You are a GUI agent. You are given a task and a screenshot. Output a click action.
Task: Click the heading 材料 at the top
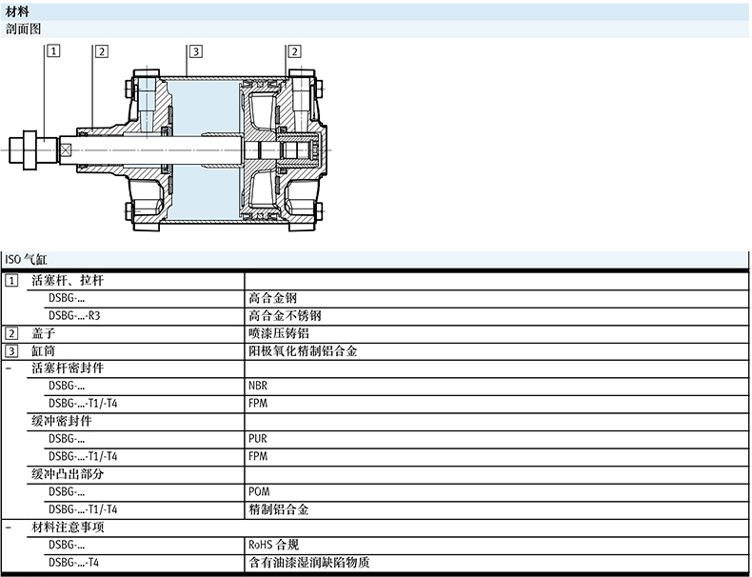point(17,11)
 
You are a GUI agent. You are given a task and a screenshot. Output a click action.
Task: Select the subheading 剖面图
point(24,29)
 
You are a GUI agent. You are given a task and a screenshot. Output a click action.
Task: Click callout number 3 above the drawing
point(194,51)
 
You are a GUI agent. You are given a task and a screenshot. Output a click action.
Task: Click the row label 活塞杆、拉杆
point(67,281)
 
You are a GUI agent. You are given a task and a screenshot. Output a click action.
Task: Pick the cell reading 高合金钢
point(271,298)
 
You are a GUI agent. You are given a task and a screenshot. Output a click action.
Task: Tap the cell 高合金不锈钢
point(284,315)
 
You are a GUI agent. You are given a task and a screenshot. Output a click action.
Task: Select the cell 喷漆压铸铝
point(278,333)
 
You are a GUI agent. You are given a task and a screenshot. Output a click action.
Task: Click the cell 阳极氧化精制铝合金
point(303,350)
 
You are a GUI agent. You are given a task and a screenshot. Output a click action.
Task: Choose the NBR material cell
point(258,386)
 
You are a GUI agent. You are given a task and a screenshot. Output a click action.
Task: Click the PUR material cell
point(257,439)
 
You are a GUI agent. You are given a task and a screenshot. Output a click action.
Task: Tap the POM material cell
point(258,491)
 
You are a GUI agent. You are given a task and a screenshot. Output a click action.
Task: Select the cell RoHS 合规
point(273,545)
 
